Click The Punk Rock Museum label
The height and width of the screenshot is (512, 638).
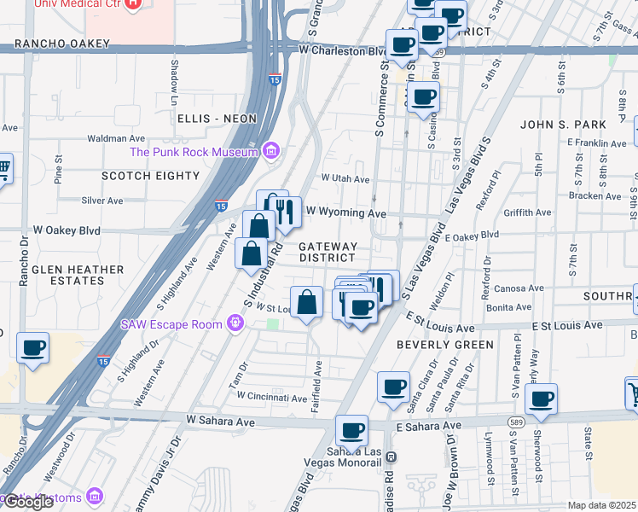click(x=194, y=153)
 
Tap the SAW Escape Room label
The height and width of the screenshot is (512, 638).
click(x=171, y=323)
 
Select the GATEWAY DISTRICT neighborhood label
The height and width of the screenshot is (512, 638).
click(x=327, y=252)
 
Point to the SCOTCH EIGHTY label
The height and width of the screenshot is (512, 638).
click(x=150, y=176)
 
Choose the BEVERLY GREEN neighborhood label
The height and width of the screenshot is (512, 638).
click(x=444, y=345)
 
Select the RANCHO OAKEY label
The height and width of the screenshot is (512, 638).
click(x=62, y=44)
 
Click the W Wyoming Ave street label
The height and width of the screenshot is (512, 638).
click(x=346, y=212)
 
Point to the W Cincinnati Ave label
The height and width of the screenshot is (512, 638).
click(x=271, y=397)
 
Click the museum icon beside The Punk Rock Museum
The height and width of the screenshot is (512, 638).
click(x=271, y=152)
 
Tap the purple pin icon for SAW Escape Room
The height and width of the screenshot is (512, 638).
click(x=235, y=323)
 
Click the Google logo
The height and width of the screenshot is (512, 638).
click(x=28, y=503)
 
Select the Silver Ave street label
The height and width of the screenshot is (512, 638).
click(x=102, y=201)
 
